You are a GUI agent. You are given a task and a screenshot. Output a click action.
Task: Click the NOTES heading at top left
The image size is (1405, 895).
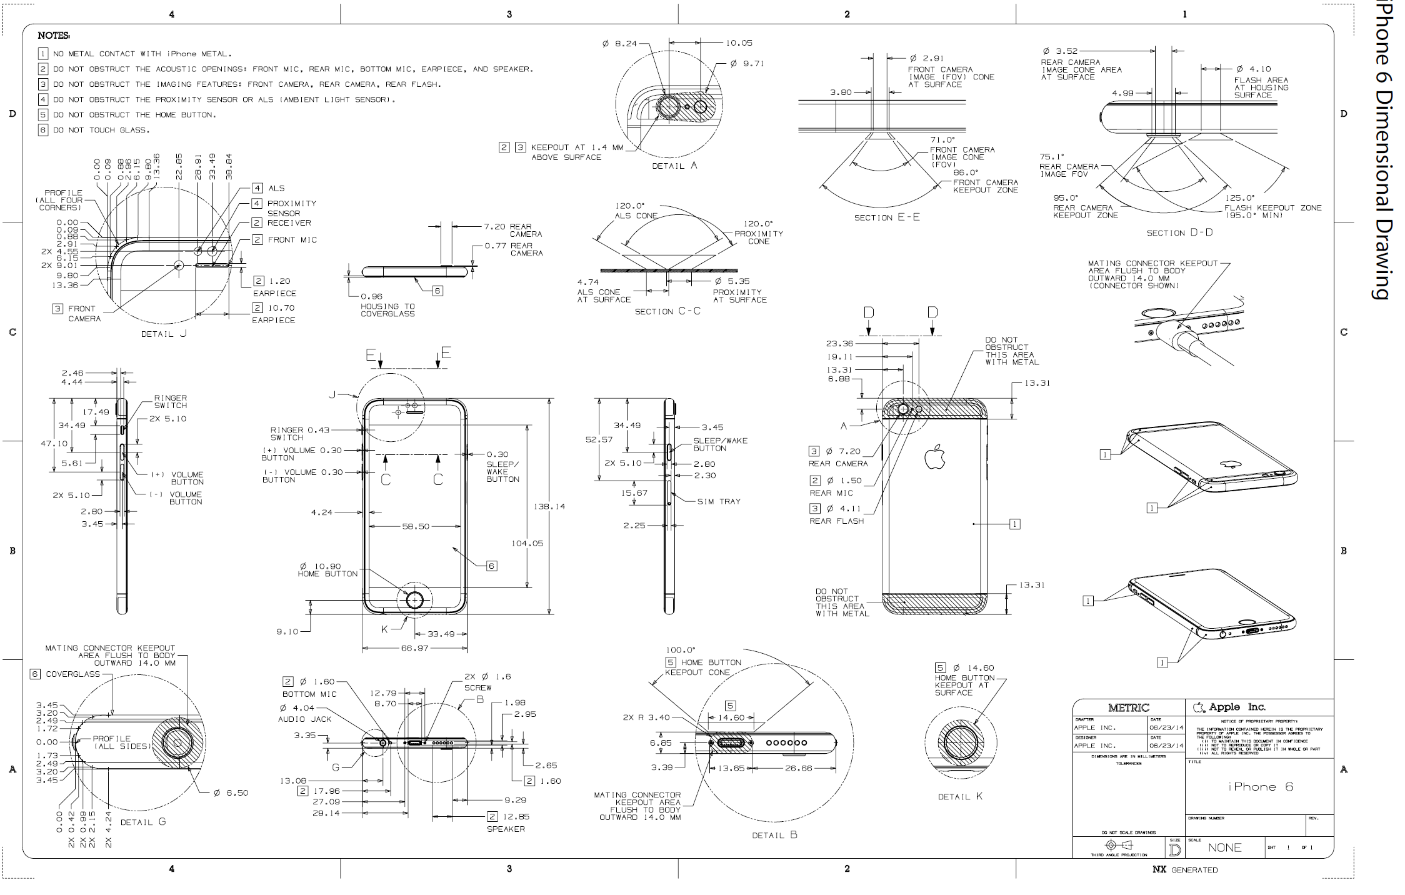[54, 36]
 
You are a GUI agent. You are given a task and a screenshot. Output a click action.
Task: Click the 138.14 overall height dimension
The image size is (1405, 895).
[549, 506]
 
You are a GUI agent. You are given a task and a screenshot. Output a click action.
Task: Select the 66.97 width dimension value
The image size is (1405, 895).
[414, 648]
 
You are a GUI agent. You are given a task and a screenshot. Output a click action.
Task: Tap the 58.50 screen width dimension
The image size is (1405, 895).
[416, 526]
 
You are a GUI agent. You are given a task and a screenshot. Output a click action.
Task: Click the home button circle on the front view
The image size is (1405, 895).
[415, 600]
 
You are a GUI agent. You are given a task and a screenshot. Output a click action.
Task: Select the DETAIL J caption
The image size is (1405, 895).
[164, 334]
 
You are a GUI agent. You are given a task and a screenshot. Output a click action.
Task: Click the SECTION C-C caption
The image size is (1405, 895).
[667, 311]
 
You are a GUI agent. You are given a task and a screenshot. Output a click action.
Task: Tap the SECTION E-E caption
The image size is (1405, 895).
[887, 217]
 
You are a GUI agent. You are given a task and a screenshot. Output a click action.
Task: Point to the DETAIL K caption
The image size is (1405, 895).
[960, 796]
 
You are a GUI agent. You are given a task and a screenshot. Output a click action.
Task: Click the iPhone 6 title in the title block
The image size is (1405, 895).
[1260, 787]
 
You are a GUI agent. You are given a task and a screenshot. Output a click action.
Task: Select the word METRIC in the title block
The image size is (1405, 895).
[1129, 707]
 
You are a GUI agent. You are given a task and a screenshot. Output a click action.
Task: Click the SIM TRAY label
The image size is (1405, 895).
[719, 501]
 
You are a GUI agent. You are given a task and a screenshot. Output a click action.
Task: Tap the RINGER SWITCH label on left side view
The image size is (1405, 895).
[171, 401]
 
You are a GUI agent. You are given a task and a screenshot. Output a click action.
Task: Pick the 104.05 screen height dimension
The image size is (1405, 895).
[527, 543]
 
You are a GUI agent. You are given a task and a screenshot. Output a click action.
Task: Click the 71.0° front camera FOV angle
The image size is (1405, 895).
[943, 140]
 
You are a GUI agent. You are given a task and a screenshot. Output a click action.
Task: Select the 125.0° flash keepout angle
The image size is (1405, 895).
[1240, 198]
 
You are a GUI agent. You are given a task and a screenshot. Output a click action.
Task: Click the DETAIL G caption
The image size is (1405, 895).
[143, 822]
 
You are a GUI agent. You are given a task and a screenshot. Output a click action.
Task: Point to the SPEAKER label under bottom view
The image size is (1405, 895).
[506, 829]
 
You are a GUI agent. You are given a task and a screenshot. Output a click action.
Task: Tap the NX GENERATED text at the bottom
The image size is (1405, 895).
[1185, 869]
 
